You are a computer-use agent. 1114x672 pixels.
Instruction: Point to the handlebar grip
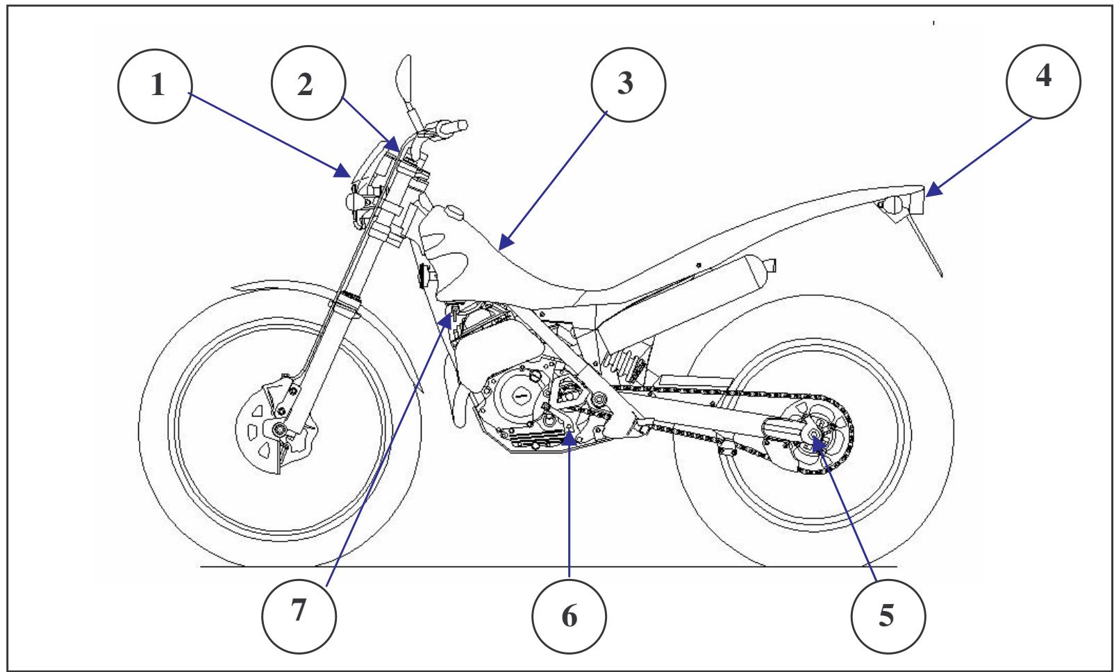point(451,126)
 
